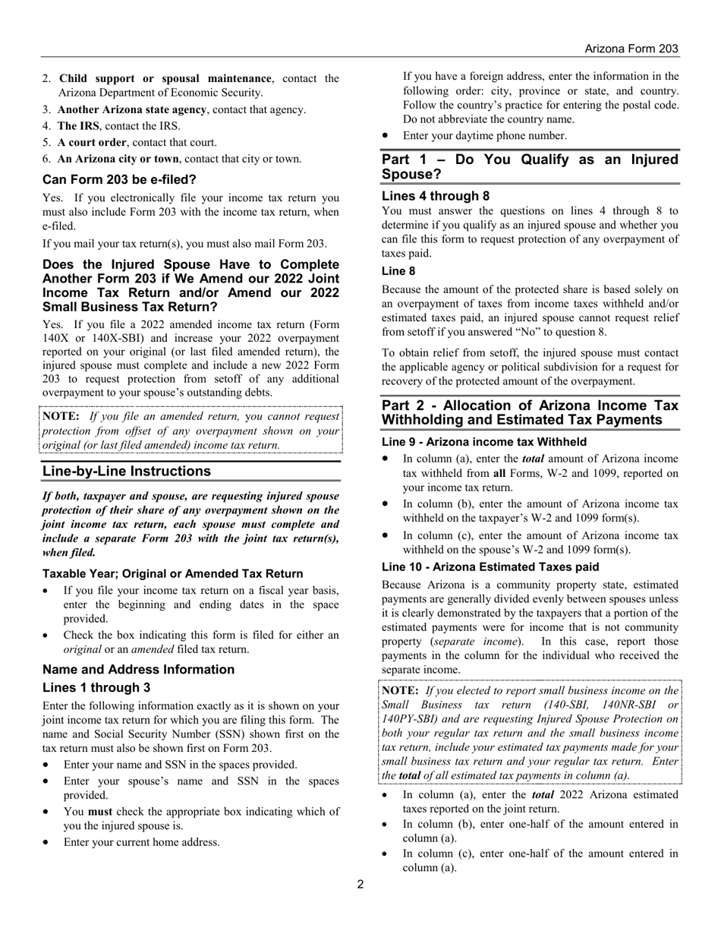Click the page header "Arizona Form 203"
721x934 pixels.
tap(631, 49)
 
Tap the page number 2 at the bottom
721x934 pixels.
tap(360, 884)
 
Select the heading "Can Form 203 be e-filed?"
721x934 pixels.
tap(119, 180)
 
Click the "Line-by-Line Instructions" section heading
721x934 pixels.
tap(127, 472)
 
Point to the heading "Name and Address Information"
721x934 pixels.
tap(138, 670)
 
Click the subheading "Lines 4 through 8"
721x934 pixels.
tap(436, 196)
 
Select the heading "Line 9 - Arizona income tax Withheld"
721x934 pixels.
tap(483, 442)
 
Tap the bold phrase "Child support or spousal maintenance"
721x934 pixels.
tap(165, 78)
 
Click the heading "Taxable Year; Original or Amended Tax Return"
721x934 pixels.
tap(172, 574)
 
